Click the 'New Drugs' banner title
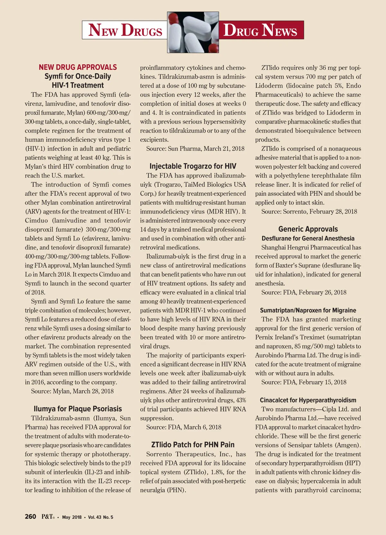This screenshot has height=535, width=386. point(125,30)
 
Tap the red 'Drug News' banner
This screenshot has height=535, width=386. point(260,30)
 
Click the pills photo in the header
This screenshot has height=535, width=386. point(193,32)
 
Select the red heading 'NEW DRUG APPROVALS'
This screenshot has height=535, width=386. point(78,67)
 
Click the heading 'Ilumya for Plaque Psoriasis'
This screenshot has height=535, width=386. point(78,409)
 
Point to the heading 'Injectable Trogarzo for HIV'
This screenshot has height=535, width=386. point(193,166)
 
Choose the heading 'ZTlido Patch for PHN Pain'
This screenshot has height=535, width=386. point(193,445)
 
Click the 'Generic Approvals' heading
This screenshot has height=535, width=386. point(308,229)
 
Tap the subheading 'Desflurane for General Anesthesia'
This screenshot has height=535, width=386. point(308,238)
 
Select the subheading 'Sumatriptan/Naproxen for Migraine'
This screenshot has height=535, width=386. point(308,310)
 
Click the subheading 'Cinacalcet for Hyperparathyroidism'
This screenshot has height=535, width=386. point(308,400)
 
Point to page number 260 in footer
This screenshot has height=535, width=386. point(31,517)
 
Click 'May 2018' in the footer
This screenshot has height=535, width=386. point(72,517)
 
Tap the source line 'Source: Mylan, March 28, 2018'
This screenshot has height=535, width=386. point(72,391)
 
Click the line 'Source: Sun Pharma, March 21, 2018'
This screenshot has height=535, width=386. point(195,149)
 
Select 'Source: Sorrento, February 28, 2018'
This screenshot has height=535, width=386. point(309,212)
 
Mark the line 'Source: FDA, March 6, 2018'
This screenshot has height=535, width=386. point(184,427)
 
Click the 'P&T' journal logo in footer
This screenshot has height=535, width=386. point(48,517)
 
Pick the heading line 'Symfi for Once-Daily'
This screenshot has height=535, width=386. point(78,77)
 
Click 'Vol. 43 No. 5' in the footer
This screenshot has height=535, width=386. point(101,517)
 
